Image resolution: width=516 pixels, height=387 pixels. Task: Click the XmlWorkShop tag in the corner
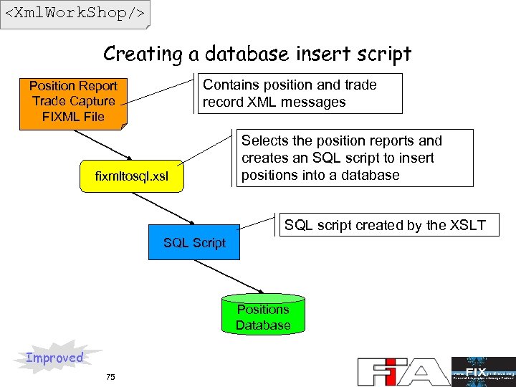[x=75, y=14]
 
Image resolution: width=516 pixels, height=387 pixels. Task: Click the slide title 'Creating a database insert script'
[x=257, y=54]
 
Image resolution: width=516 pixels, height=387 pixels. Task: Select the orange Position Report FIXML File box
[x=73, y=102]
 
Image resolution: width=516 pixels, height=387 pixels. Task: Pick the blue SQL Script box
[x=194, y=243]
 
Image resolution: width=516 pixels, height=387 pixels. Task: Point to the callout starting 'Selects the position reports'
[x=355, y=158]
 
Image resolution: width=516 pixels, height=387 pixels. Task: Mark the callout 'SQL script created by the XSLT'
[x=385, y=225]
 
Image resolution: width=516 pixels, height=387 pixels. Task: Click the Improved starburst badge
[x=56, y=357]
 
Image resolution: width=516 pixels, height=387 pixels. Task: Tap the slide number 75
[x=110, y=377]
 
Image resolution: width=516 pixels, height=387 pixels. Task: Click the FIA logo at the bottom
[x=402, y=371]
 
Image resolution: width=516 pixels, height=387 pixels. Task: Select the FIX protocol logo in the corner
[x=482, y=371]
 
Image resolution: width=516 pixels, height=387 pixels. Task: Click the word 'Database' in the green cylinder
[x=263, y=325]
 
